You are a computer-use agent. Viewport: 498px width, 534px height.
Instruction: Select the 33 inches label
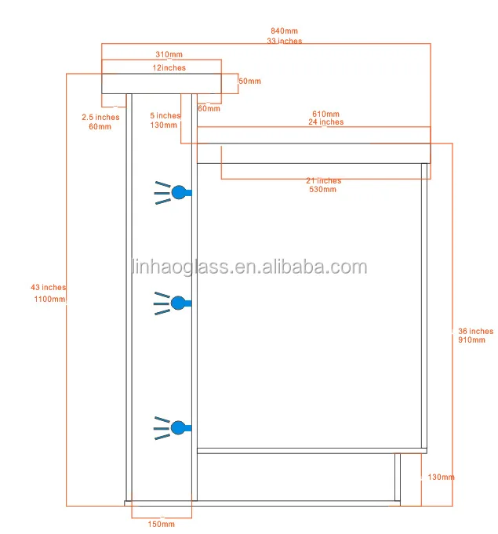tap(284, 41)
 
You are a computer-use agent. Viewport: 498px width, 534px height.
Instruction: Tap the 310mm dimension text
tap(169, 55)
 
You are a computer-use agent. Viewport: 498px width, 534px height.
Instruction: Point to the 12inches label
tap(169, 68)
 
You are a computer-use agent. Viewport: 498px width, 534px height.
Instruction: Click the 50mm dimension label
tap(249, 82)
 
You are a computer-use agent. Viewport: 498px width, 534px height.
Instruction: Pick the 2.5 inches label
tap(100, 118)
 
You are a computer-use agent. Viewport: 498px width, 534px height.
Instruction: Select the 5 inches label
tap(165, 116)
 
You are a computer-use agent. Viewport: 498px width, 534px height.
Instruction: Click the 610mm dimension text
tap(326, 114)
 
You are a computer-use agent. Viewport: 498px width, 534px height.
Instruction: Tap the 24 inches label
tap(325, 122)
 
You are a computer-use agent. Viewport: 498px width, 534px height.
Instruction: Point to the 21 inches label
tap(324, 181)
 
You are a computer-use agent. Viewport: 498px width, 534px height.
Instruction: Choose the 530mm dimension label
tap(323, 190)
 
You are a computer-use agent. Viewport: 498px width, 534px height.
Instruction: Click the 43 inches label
tap(49, 288)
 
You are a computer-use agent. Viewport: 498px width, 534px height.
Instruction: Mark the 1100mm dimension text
tap(49, 300)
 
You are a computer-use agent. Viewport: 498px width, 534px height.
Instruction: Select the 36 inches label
tap(475, 332)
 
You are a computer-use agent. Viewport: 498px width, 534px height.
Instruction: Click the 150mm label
tap(160, 524)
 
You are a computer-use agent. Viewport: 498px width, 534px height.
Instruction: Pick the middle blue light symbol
tap(178, 302)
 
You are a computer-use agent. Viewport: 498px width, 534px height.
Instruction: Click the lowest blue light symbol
tap(178, 427)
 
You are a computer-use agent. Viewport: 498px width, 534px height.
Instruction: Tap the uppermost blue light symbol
tap(178, 192)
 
